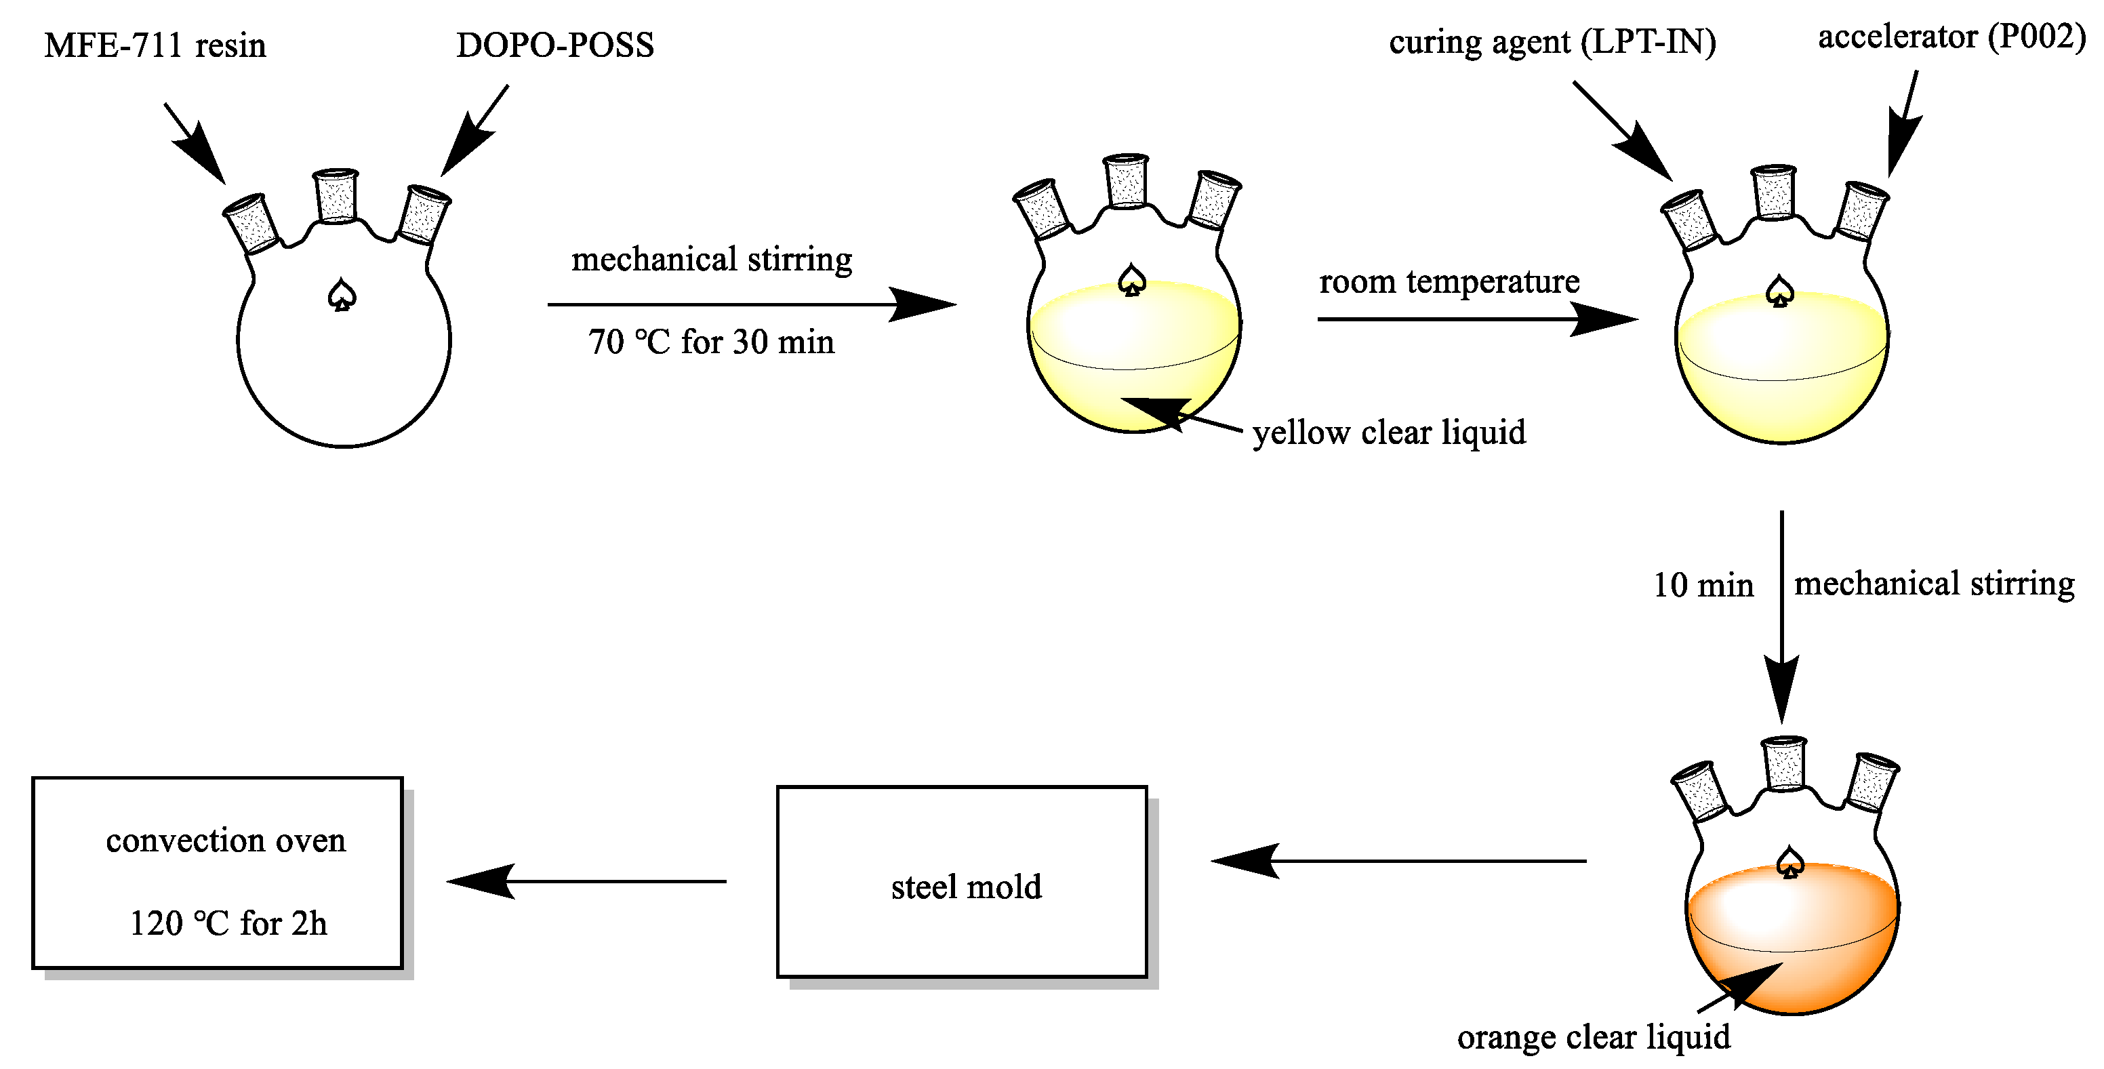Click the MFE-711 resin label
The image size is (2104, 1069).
(155, 45)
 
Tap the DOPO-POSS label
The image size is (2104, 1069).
(554, 45)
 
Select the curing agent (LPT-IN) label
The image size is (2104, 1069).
(1552, 43)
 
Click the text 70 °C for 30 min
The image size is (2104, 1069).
(710, 342)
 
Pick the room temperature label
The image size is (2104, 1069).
(1449, 282)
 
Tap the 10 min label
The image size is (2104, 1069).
(1703, 586)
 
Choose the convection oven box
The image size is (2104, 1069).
(218, 873)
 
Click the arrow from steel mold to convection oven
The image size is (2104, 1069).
(586, 881)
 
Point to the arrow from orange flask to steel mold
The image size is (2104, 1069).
(1398, 861)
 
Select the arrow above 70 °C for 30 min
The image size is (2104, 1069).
(752, 304)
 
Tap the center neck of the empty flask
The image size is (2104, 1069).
(336, 196)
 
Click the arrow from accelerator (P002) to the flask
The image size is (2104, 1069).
(1905, 123)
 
